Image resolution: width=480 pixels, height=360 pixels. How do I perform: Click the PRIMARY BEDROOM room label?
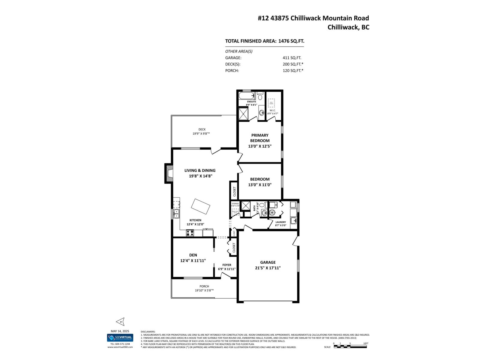(x=260, y=138)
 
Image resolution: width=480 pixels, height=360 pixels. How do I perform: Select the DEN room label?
(x=193, y=255)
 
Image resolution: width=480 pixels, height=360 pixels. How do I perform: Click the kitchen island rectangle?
(x=201, y=207)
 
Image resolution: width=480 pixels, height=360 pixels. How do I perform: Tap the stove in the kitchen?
(x=190, y=232)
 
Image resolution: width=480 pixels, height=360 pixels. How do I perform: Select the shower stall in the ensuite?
(x=244, y=114)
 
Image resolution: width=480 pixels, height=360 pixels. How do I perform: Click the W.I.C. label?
(x=272, y=110)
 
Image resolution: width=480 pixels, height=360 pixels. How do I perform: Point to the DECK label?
(x=202, y=129)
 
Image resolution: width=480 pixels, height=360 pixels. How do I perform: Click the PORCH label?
(x=204, y=286)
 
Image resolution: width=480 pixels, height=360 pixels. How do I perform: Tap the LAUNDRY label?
(x=281, y=222)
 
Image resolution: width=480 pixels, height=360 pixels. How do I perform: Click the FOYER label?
(x=226, y=265)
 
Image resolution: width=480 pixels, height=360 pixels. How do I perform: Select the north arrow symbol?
(x=120, y=322)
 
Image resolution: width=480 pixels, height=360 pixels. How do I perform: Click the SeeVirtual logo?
(x=120, y=337)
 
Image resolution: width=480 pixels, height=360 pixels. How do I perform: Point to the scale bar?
(x=350, y=346)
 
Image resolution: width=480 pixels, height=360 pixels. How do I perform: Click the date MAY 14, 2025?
(x=120, y=331)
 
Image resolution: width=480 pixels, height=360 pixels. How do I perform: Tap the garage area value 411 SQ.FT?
(x=292, y=58)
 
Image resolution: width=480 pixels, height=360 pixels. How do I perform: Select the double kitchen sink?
(x=176, y=214)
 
